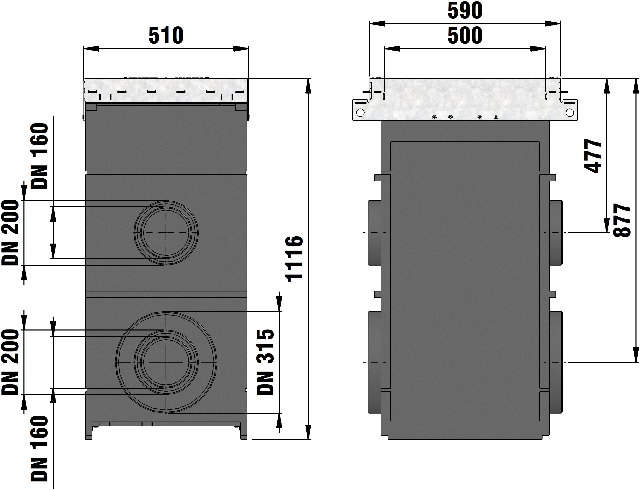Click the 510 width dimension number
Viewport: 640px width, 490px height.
[x=166, y=36]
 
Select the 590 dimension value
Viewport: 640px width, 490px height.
[x=465, y=11]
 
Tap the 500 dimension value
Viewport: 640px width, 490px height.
[x=465, y=36]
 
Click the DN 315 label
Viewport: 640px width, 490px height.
[x=265, y=362]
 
